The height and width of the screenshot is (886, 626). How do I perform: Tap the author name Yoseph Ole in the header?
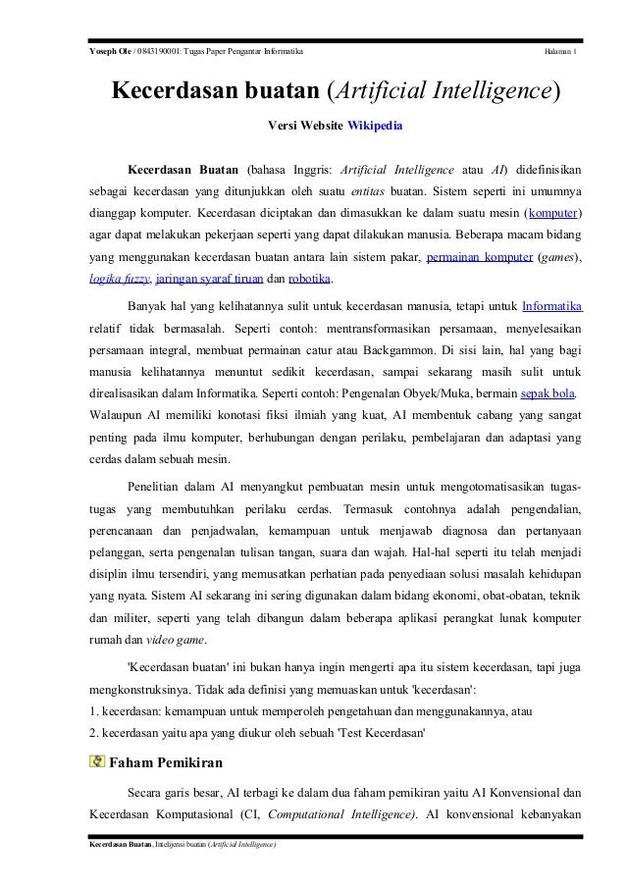coord(107,51)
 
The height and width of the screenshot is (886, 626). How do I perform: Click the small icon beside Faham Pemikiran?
coord(96,760)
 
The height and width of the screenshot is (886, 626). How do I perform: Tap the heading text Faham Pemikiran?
coord(166,761)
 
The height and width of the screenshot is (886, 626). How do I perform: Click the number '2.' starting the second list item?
coord(94,733)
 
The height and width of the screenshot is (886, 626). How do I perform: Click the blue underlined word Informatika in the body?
coord(552,303)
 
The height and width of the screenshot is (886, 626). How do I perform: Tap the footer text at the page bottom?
coord(182,845)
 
